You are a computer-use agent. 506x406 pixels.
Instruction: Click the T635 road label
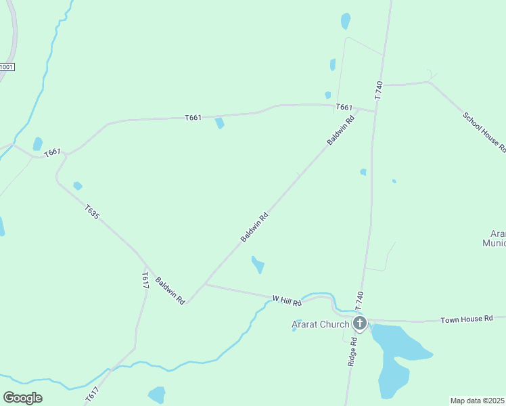pos(93,212)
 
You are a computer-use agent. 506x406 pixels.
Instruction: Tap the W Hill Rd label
pos(287,298)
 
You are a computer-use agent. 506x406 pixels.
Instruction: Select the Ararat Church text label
pos(320,324)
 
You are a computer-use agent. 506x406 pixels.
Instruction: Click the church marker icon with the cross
pos(360,323)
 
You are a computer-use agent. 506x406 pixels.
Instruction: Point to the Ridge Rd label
pos(352,353)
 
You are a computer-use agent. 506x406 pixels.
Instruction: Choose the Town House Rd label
pos(467,318)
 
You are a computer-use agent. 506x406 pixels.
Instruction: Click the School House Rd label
pos(484,131)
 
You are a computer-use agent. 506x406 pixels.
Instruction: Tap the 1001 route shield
pos(7,66)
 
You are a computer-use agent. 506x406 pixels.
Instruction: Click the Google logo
pos(22,398)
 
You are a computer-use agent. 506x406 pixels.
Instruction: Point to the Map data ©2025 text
pos(478,401)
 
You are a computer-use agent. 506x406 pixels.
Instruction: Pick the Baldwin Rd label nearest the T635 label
pos(170,290)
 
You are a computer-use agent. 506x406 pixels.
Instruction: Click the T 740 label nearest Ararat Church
pos(359,300)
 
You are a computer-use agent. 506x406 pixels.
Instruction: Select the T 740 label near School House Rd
pos(378,90)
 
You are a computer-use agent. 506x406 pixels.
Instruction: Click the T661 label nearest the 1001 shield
pos(53,154)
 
